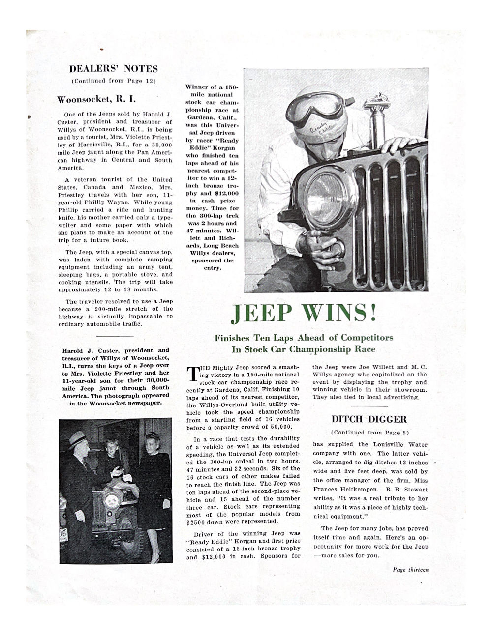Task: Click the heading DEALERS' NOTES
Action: (113, 69)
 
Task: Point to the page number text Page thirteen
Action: (410, 570)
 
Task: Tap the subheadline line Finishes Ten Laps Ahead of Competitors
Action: (304, 338)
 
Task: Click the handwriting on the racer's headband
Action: (316, 131)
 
